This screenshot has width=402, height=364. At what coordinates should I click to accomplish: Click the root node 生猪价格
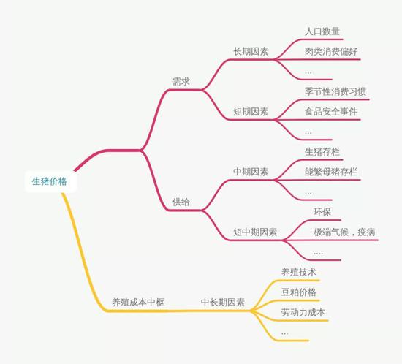(50, 181)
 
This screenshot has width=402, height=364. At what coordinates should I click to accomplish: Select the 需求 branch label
(181, 82)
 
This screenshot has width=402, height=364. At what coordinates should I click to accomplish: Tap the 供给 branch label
(181, 202)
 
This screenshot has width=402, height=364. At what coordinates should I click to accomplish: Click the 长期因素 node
(251, 51)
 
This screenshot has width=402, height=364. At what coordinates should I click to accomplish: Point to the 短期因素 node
(251, 112)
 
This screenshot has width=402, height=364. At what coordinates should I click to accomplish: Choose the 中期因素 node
(251, 172)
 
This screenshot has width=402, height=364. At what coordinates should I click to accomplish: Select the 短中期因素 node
(255, 232)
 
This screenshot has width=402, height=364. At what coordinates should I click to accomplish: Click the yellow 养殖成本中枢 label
(138, 302)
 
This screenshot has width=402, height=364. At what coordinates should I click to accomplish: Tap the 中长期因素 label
(223, 302)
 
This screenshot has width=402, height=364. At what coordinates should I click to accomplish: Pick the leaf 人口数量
(322, 31)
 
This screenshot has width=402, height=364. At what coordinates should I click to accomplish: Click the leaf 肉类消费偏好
(331, 51)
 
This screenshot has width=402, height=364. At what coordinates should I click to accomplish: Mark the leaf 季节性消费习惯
(335, 91)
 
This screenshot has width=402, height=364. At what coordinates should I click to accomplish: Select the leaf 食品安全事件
(331, 112)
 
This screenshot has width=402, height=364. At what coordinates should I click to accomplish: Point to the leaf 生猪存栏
(322, 152)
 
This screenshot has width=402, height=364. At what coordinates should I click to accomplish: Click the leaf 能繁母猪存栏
(331, 172)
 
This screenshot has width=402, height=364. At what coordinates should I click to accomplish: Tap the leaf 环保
(322, 212)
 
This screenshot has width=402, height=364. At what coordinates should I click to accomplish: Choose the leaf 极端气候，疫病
(344, 232)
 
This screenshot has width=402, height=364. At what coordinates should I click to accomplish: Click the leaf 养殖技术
(299, 272)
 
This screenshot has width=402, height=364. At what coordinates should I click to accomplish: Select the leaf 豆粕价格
(299, 292)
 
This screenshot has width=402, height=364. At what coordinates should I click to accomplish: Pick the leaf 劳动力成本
(303, 312)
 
